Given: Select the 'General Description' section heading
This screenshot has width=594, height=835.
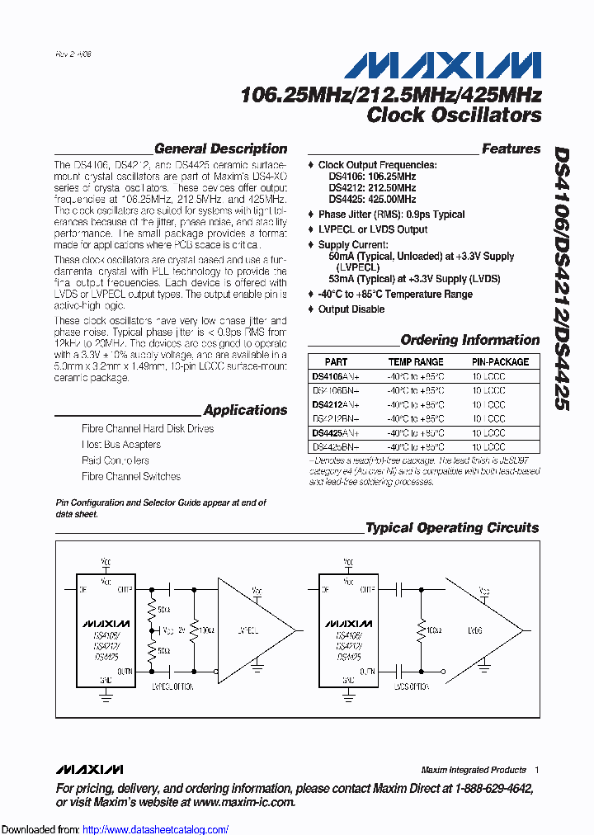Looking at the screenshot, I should pos(220,149).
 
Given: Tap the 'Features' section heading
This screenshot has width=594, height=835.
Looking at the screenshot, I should pos(511,149).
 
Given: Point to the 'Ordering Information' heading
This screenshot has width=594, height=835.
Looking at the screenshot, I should pos(469,340).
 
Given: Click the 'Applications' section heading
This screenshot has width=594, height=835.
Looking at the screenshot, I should pos(245,410).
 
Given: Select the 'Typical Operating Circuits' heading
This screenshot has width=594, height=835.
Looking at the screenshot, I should pos(451,527).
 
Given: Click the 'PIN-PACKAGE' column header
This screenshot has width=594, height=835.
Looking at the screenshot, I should pos(500,361).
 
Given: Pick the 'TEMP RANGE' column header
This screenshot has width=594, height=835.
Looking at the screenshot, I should pos(416,361).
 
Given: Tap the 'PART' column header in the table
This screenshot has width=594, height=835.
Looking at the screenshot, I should pos(336,361).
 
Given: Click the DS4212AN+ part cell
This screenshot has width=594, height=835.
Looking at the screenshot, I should pos(336,404).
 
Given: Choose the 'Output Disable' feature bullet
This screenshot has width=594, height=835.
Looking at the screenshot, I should pos(351,309).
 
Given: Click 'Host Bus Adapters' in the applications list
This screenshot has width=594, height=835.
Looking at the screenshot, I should pos(121,445).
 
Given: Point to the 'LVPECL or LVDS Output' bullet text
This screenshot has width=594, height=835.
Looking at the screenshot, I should pos(373,229).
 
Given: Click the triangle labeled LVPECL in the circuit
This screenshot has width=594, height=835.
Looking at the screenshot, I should pos(251,630).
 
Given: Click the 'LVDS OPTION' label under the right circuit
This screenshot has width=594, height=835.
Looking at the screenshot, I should pos(409,686).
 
